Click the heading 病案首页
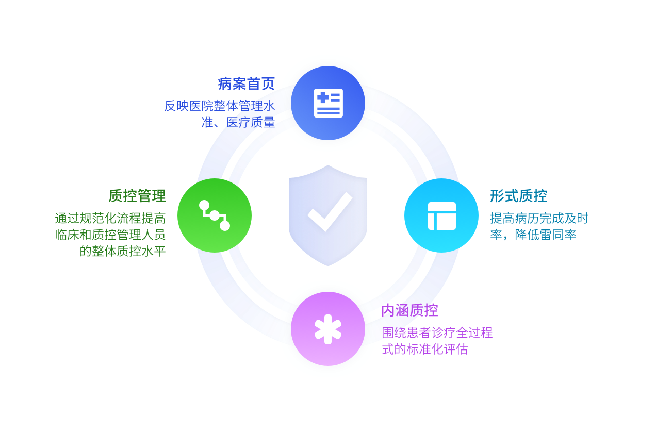[246, 84]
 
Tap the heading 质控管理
[137, 196]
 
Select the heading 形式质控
[518, 196]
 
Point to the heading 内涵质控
[409, 310]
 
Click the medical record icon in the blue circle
[328, 103]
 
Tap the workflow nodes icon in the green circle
[215, 215]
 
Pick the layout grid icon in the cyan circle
[441, 215]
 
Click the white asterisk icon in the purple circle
[328, 329]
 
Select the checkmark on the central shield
[329, 211]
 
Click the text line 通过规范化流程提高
[110, 219]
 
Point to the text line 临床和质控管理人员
[110, 235]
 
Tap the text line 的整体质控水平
[123, 252]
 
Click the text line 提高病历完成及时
[539, 219]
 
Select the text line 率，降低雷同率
[533, 235]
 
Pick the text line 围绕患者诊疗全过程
[437, 333]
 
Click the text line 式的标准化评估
[424, 349]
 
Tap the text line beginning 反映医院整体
[219, 106]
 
